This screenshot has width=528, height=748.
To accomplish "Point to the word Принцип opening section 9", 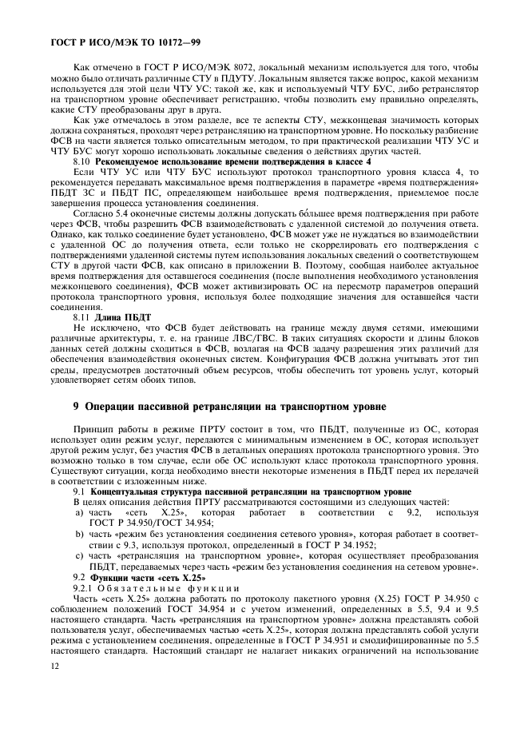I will pos(92,430).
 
